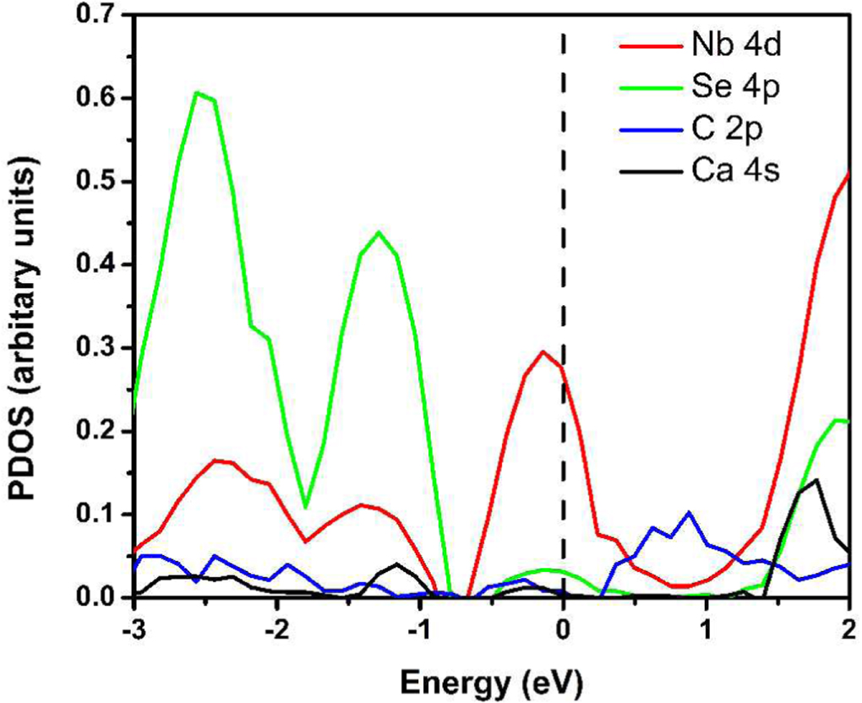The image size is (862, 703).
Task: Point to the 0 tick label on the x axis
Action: [563, 629]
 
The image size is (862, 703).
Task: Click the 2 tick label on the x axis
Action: [848, 629]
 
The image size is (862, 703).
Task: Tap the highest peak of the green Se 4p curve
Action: [197, 92]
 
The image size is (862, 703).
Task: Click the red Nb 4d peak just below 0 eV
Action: [543, 351]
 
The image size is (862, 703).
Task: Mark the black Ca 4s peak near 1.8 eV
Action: [816, 480]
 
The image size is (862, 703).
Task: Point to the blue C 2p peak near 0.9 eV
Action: [690, 513]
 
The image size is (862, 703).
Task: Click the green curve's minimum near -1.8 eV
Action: [305, 507]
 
